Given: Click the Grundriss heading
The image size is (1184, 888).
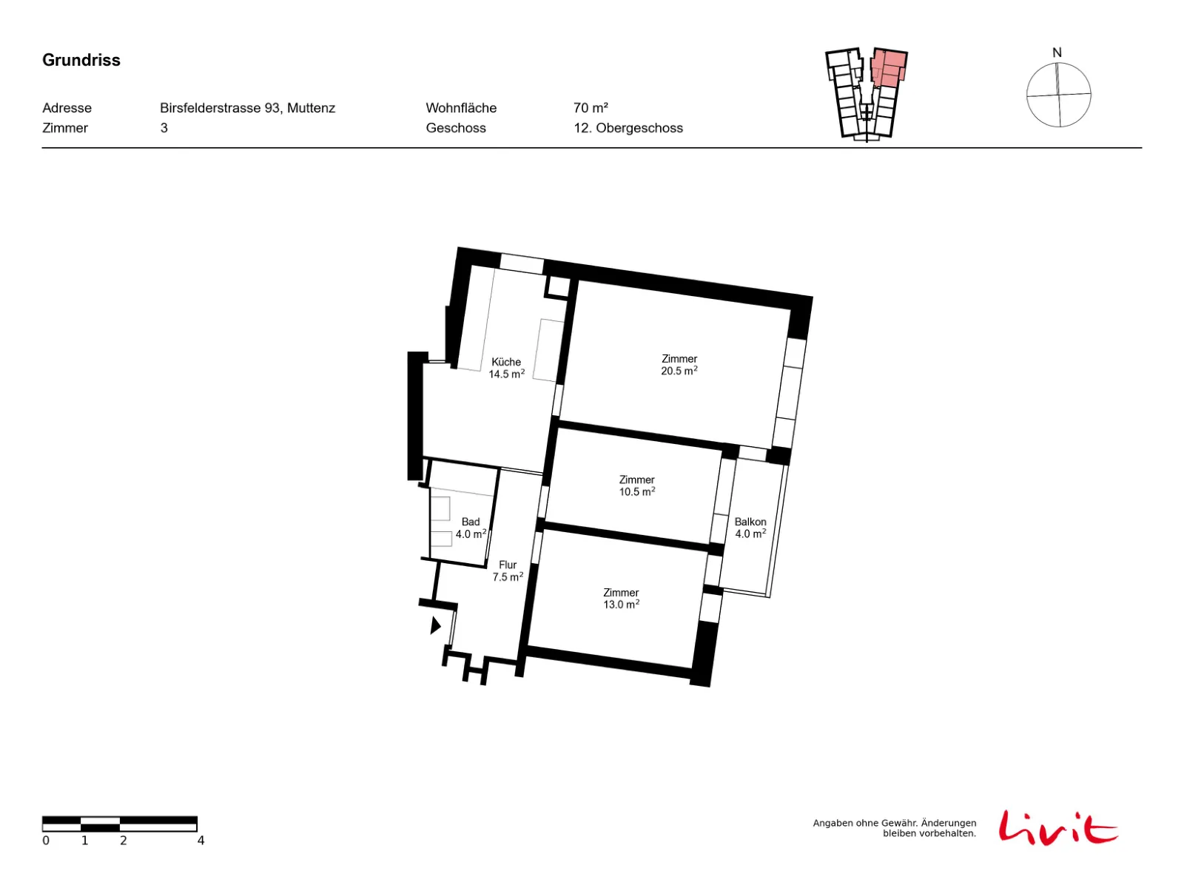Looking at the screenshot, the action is [x=81, y=60].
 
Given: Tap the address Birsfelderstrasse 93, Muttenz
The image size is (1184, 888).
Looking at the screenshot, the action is [x=247, y=108].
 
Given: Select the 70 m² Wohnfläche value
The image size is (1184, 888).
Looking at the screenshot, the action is [x=590, y=108].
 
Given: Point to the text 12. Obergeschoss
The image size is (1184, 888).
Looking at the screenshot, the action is [x=628, y=128].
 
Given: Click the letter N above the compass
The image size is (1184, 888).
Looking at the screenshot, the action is [x=1056, y=53].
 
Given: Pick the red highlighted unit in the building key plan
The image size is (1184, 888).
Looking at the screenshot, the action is [x=888, y=68].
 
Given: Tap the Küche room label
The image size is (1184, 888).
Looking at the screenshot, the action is [x=505, y=362].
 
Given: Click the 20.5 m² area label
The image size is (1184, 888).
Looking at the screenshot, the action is [x=679, y=371].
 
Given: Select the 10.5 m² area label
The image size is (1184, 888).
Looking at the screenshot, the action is [x=636, y=491].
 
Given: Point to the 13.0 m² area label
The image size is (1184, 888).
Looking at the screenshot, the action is [x=621, y=605].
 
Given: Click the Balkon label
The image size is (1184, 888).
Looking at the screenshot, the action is [x=750, y=522].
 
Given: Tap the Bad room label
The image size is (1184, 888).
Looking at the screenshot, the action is [x=471, y=522].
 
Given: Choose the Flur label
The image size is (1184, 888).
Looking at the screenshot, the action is [x=507, y=565].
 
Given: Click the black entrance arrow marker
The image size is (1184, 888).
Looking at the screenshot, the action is [x=435, y=625].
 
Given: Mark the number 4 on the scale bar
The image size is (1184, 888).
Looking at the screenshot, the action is [x=201, y=841].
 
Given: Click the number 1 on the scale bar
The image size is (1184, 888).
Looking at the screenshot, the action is [x=84, y=841].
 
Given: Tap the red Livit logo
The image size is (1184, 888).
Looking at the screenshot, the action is [x=1057, y=827].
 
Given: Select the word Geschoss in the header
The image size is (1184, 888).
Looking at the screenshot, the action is [x=455, y=128].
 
